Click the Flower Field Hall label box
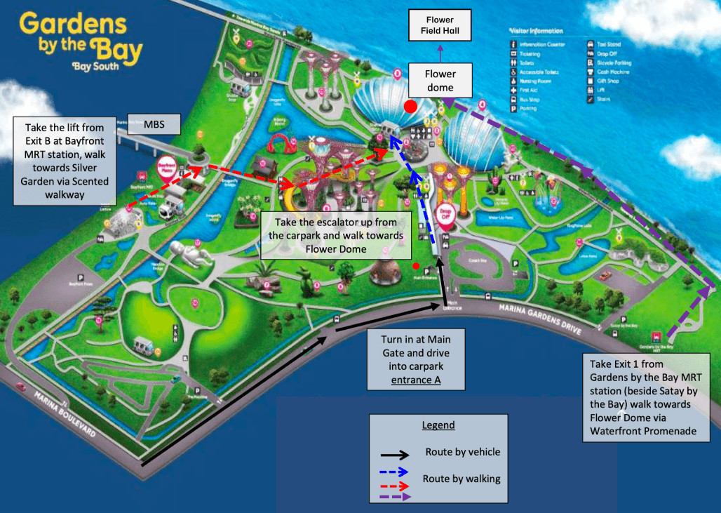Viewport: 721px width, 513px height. [x=440, y=25]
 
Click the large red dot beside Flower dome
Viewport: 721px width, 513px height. [x=411, y=106]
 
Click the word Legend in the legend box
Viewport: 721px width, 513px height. [x=438, y=425]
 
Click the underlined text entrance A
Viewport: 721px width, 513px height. [x=417, y=380]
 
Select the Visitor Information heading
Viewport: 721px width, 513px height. [x=537, y=31]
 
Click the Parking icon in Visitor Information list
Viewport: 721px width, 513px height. [x=513, y=109]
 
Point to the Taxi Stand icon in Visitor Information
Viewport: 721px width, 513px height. [x=591, y=44]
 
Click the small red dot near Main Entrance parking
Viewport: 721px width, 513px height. [x=417, y=266]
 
